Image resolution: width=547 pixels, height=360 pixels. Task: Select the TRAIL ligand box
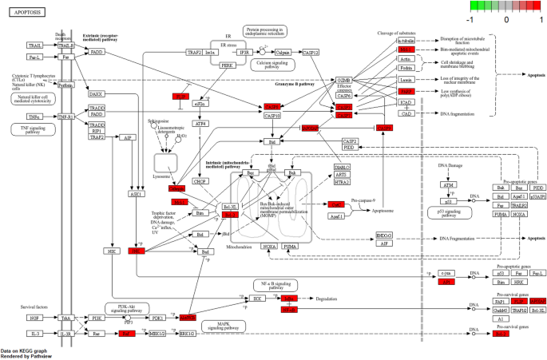click(x=35, y=45)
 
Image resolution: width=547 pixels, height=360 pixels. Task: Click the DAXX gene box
click(x=97, y=93)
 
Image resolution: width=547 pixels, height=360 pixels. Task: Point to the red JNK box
click(x=137, y=251)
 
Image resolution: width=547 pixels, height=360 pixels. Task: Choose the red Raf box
click(x=126, y=333)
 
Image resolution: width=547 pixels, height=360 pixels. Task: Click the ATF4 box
click(x=200, y=124)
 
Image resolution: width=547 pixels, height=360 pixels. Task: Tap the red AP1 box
click(x=448, y=282)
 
